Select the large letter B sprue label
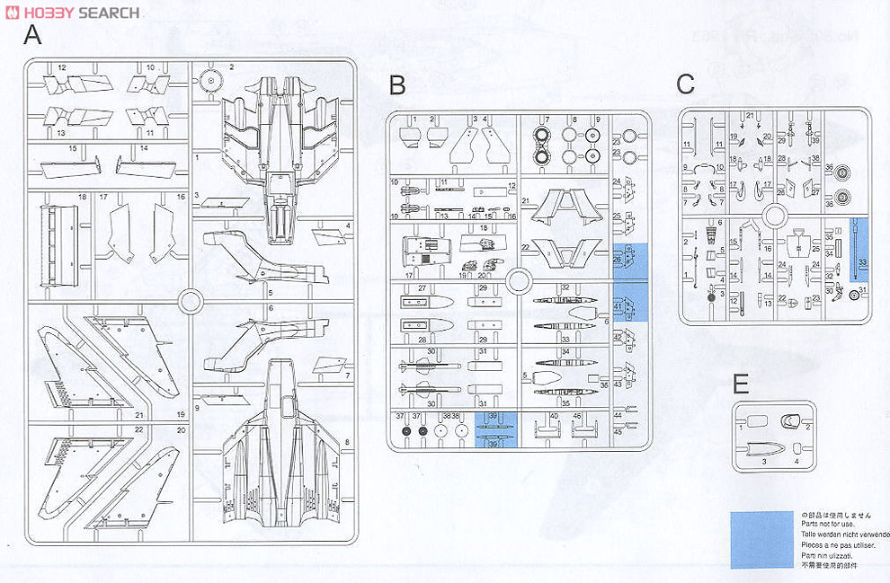(397, 86)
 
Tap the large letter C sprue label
(685, 84)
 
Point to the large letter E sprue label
(740, 385)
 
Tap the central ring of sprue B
(520, 281)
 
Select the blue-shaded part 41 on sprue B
(630, 303)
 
